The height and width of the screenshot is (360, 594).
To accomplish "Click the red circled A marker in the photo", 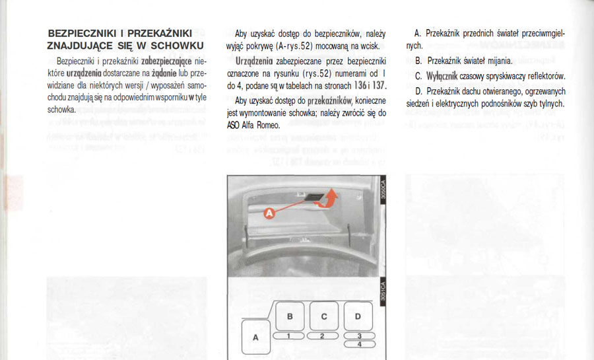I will tap(269, 213).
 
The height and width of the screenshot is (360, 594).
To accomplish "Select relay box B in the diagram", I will tap(290, 316).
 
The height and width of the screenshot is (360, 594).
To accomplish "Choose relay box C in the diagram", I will tap(324, 316).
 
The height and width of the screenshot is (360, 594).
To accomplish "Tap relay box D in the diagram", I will tap(358, 316).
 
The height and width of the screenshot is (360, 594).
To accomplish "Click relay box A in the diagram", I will tap(256, 338).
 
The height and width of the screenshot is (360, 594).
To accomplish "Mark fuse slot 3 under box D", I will tap(358, 336).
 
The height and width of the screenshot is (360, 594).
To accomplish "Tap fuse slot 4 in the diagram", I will tap(358, 344).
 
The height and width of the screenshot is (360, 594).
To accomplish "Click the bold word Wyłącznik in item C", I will tap(436, 76).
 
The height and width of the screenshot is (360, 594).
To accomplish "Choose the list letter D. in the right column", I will tap(418, 90).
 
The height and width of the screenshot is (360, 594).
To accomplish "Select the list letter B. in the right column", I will tap(418, 61).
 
